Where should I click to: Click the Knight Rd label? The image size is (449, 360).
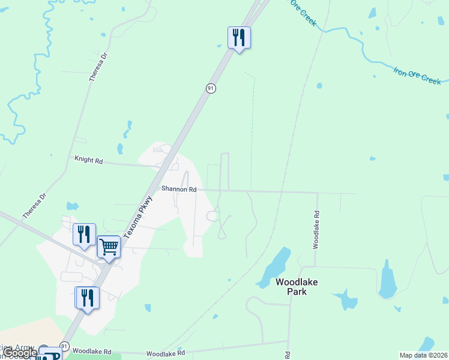click(x=88, y=161)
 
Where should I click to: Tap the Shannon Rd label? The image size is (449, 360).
click(x=179, y=189)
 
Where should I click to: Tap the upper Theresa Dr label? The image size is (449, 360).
click(x=98, y=67)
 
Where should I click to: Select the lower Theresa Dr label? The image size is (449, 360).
click(x=34, y=206)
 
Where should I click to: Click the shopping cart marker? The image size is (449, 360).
click(x=109, y=246)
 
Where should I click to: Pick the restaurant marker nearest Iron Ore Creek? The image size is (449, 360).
click(x=239, y=37)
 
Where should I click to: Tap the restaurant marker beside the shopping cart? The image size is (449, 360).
click(x=84, y=234)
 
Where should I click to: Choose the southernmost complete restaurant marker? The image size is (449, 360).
click(x=87, y=297)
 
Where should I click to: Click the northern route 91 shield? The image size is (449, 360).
click(x=211, y=88)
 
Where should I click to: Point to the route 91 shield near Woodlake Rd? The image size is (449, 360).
click(x=64, y=347)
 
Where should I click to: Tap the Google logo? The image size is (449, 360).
click(x=19, y=353)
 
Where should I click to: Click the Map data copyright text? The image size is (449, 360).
click(x=424, y=355)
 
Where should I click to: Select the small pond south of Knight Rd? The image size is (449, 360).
click(x=73, y=206)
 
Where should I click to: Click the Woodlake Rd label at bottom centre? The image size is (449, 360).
click(x=165, y=354)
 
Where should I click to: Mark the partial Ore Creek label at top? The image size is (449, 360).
click(x=303, y=12)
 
